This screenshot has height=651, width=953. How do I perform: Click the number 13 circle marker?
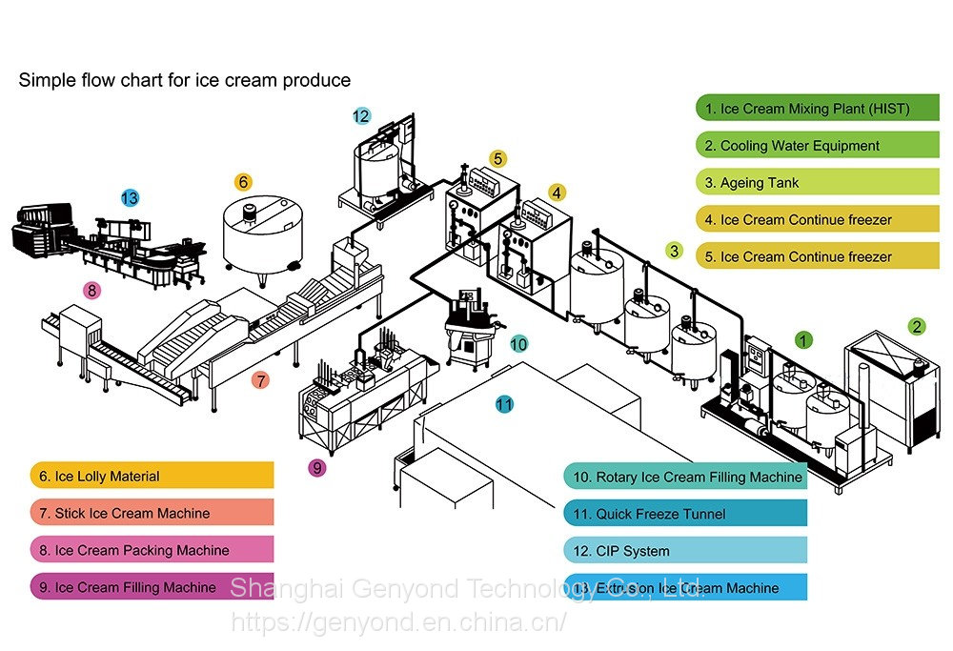(130, 198)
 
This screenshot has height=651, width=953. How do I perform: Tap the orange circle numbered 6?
(243, 181)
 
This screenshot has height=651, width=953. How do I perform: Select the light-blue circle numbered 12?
(361, 116)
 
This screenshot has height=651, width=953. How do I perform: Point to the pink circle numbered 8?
(91, 291)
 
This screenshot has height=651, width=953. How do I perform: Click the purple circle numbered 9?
(317, 467)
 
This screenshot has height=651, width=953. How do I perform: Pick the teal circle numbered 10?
(518, 344)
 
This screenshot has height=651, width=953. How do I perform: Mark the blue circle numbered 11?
(504, 404)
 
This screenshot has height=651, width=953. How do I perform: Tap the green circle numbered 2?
(916, 326)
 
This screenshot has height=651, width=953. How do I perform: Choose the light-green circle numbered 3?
(675, 252)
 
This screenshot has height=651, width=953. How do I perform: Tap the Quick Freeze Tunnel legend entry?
(684, 514)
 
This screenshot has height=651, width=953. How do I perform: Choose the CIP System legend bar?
(684, 551)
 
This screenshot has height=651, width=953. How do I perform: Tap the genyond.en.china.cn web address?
(399, 622)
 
